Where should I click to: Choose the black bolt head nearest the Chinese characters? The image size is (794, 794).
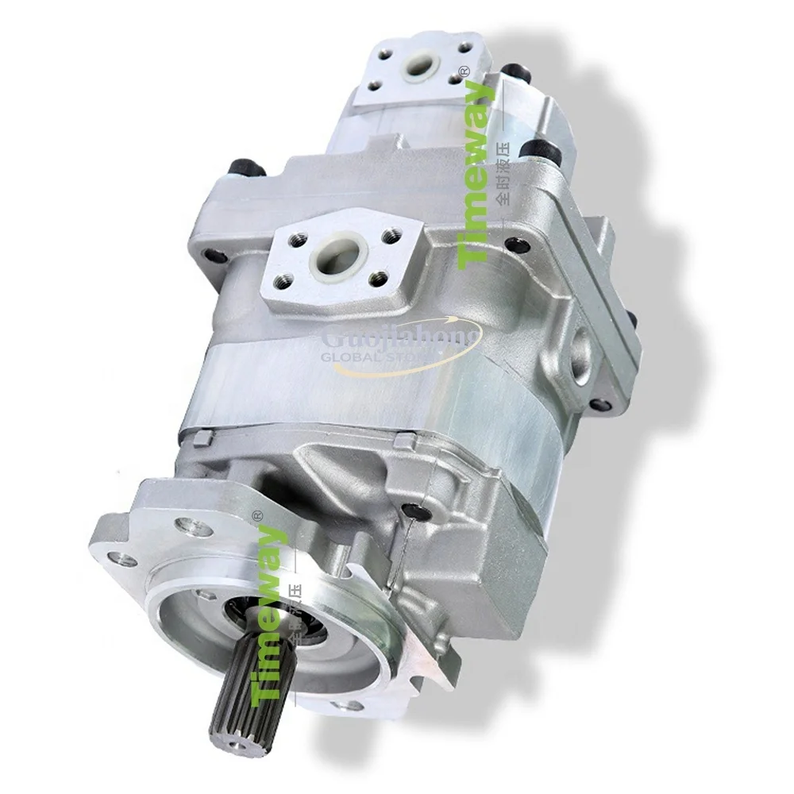pyautogui.click(x=545, y=149)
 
